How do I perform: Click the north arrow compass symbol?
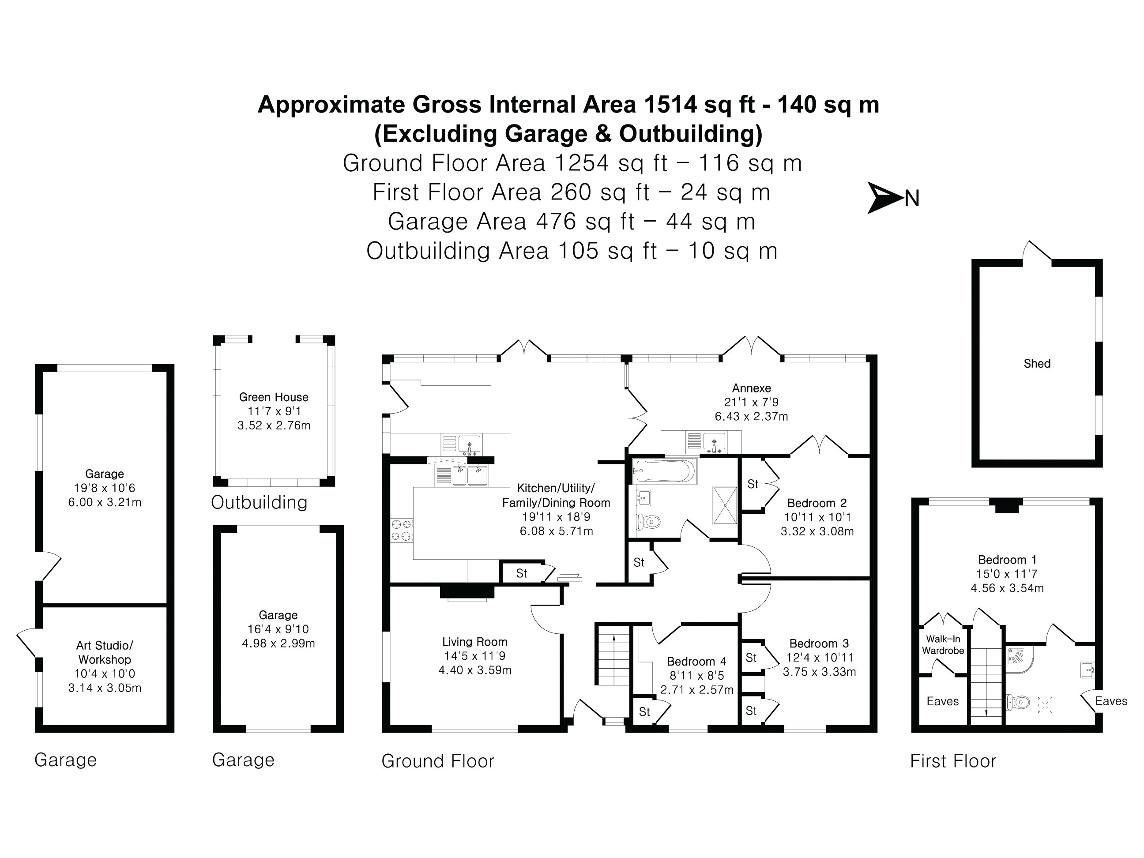(885, 198)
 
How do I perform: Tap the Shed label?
(1037, 364)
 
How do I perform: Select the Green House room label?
(274, 397)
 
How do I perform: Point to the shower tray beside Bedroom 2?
(725, 504)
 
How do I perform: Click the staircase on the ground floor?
(613, 656)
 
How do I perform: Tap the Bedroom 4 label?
(696, 662)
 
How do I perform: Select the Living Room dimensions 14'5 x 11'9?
(474, 656)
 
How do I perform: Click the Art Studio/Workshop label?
(105, 652)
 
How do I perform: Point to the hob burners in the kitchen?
(401, 530)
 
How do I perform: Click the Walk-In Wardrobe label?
(943, 645)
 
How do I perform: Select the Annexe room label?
(751, 388)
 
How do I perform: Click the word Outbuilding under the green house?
(259, 502)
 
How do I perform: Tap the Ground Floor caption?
(437, 761)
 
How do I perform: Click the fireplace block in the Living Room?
(467, 591)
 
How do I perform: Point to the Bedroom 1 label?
(1007, 560)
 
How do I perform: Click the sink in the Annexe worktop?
(714, 442)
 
